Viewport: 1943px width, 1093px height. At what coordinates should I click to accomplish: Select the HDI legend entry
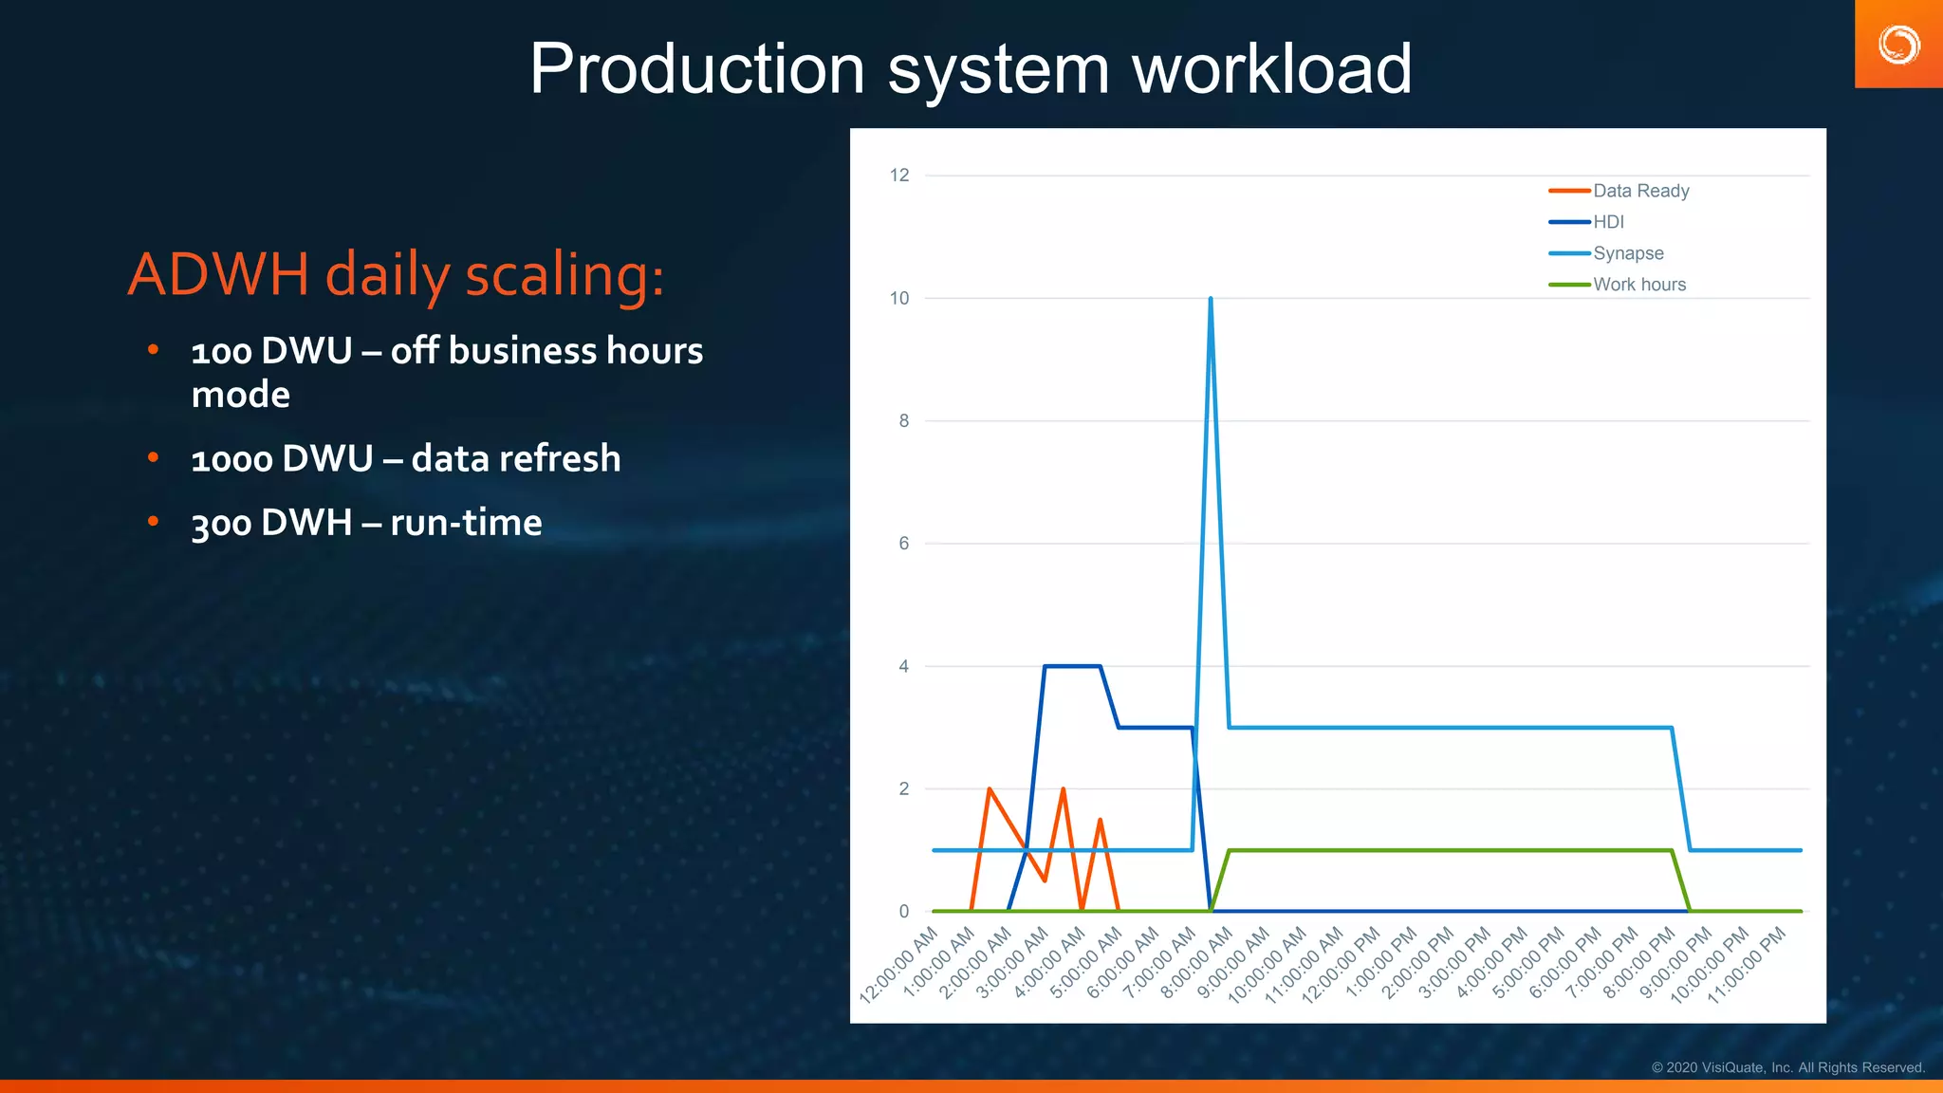1608,222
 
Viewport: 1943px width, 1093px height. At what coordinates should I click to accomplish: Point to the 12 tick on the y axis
898,176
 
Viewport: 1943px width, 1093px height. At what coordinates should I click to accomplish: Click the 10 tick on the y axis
898,298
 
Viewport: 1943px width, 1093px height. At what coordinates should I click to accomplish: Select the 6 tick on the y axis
903,544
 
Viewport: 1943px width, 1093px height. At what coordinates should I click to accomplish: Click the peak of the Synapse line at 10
1211,299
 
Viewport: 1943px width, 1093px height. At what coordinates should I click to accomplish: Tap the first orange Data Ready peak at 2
990,788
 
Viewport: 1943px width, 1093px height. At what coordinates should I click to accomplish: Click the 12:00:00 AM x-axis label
899,966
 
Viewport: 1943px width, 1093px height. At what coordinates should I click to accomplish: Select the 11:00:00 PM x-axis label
1748,966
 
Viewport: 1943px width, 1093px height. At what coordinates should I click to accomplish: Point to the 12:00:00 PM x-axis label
1342,966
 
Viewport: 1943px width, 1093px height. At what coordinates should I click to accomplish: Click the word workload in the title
1271,69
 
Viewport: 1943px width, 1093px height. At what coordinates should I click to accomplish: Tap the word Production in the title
696,69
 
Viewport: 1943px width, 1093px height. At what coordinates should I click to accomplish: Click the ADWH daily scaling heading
396,275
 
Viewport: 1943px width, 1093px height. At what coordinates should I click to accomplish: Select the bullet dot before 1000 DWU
153,458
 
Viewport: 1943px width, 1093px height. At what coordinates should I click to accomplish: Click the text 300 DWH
271,523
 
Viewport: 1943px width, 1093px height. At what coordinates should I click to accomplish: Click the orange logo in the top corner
1898,45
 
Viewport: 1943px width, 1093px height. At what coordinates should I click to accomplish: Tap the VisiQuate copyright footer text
1787,1067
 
